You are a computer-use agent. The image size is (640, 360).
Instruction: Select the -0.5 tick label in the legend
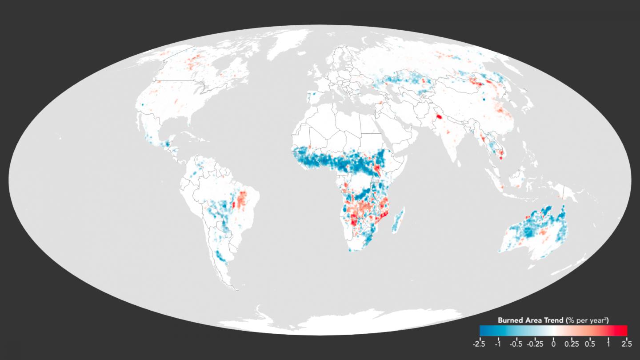(516, 343)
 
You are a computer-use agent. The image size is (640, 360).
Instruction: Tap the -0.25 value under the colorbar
(535, 343)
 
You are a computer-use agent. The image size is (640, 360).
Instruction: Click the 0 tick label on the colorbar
(553, 343)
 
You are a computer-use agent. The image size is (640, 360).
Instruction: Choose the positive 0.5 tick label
(590, 343)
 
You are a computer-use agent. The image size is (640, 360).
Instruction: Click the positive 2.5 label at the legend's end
(627, 343)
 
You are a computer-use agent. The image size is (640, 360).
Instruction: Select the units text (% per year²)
(587, 320)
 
